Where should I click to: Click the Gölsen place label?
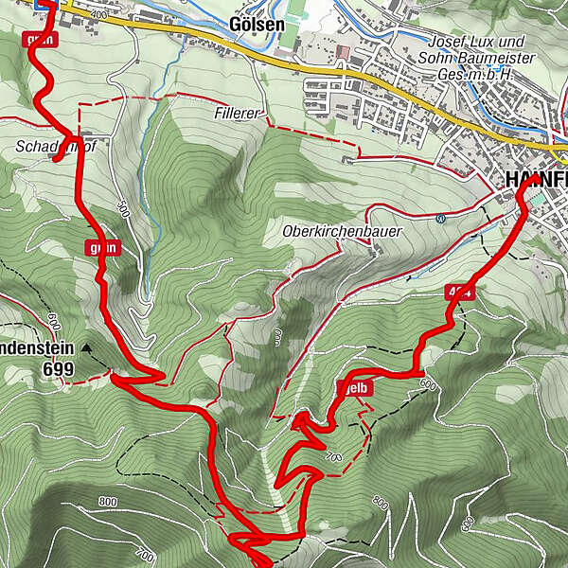257,24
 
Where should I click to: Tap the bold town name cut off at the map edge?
537,180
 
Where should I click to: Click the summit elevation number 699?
58,370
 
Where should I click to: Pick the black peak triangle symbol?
87,348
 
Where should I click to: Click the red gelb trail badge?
354,387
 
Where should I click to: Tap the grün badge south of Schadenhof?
102,248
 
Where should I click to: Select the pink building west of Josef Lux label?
342,50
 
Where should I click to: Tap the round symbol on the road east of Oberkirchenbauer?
441,219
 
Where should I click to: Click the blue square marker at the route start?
44,4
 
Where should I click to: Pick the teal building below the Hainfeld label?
538,201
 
